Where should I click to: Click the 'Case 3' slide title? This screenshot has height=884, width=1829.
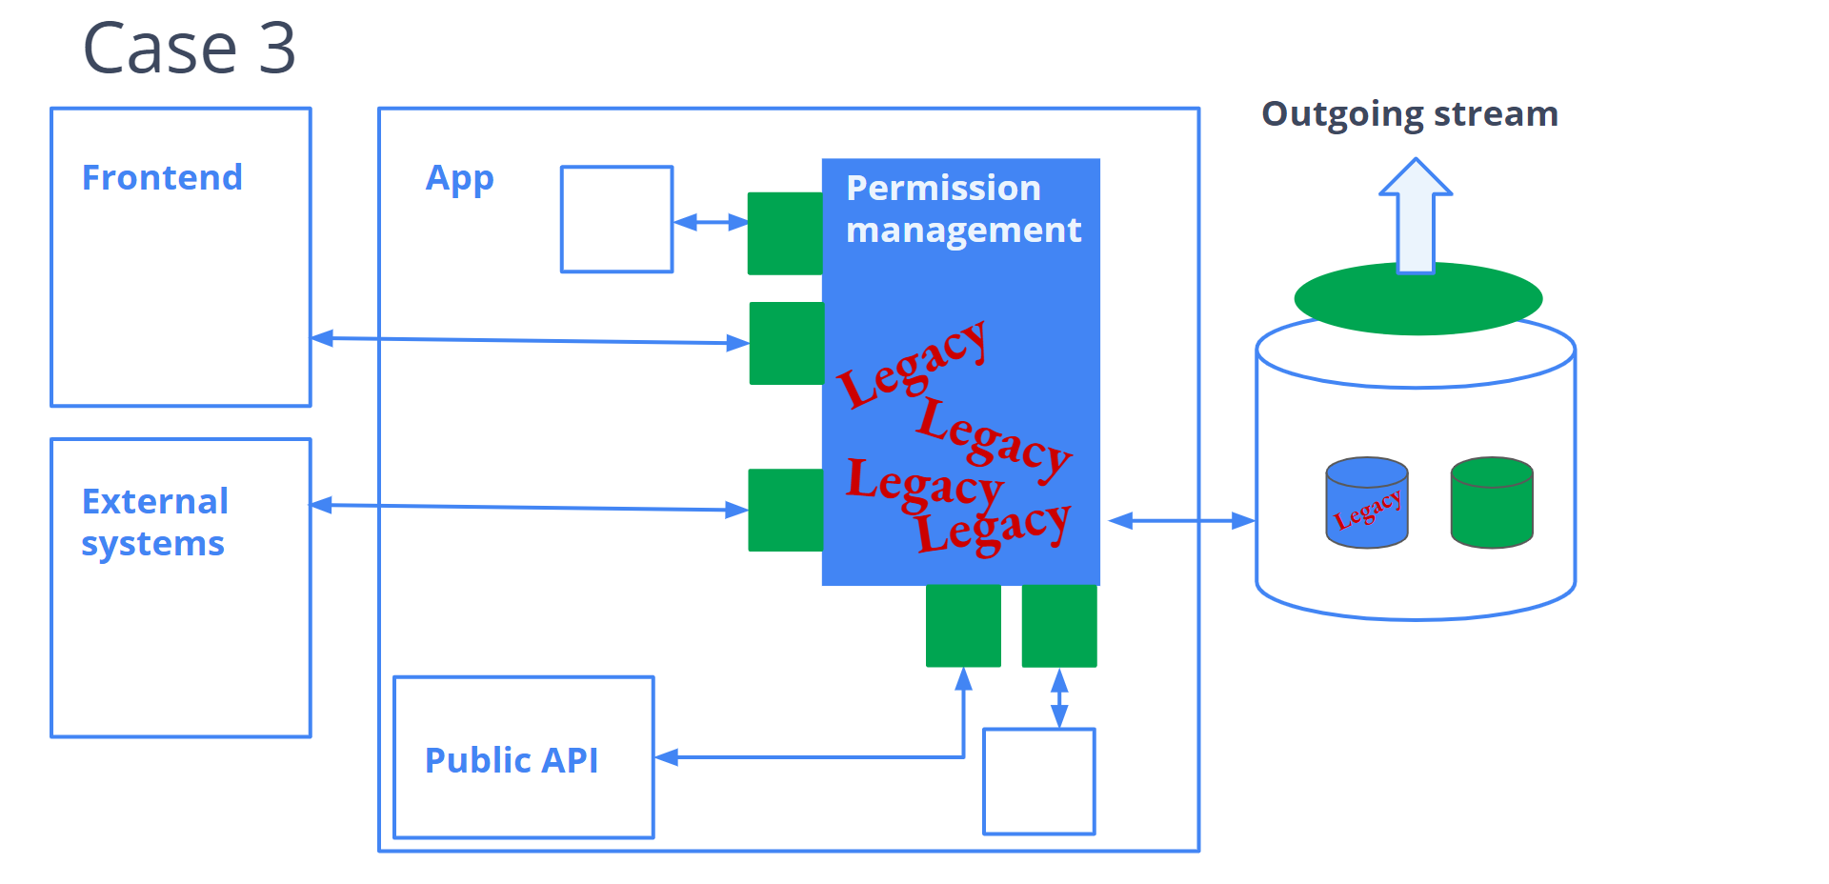click(190, 48)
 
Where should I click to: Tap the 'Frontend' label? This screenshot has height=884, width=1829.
click(162, 178)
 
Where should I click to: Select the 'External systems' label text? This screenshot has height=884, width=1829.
click(154, 522)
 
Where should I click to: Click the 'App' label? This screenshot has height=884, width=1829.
click(459, 178)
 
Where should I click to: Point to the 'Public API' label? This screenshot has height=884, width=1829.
click(512, 760)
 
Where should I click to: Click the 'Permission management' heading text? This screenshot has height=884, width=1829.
click(962, 209)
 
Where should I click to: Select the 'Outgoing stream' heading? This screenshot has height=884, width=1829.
click(1409, 114)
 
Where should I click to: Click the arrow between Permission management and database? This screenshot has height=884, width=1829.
click(1181, 521)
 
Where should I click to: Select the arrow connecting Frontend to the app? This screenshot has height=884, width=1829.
click(530, 340)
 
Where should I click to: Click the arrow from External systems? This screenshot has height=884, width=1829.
click(530, 508)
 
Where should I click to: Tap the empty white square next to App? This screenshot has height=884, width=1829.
click(616, 219)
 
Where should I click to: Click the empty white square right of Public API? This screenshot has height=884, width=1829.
click(1038, 781)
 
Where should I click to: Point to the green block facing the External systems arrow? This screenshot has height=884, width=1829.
click(786, 510)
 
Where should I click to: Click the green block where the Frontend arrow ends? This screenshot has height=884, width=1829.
click(787, 343)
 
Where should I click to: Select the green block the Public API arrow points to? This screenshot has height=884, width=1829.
click(963, 626)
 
